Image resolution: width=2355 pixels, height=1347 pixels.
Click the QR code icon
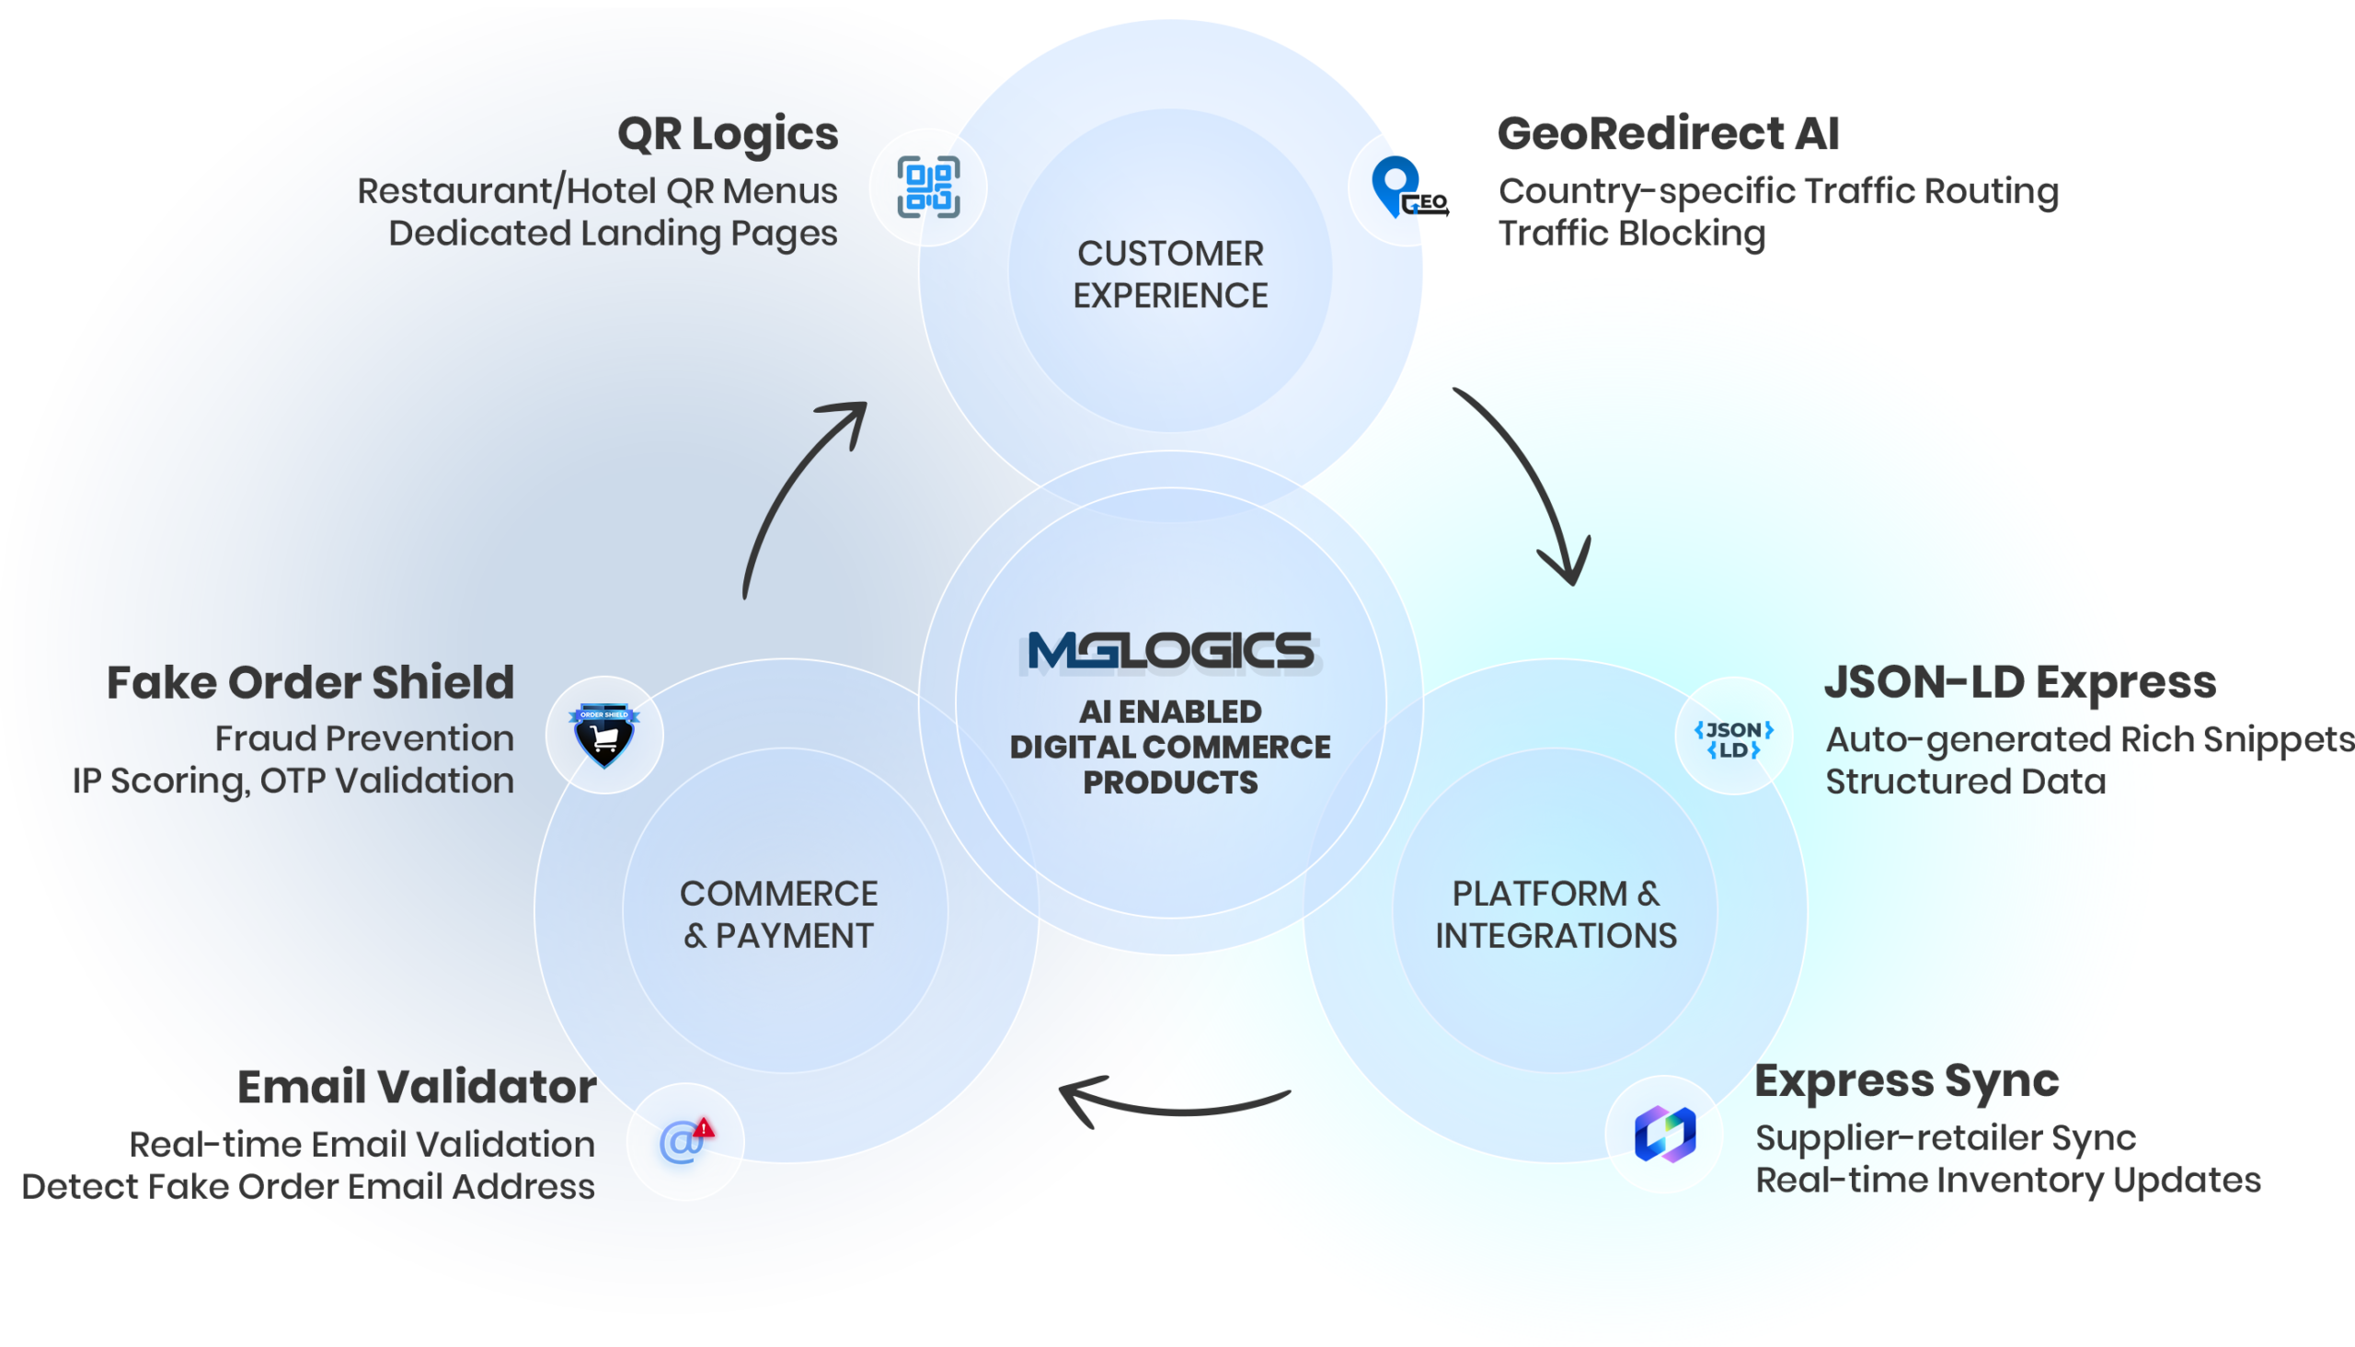point(928,188)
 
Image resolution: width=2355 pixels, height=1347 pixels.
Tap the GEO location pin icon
point(1407,188)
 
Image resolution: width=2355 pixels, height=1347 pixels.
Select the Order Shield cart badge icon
point(604,735)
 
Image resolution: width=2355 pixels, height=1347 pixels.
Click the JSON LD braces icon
point(1733,738)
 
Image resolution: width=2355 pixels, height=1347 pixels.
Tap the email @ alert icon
point(685,1141)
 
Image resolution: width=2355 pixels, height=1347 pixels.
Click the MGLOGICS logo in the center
point(1170,651)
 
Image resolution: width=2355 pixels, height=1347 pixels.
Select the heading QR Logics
point(728,134)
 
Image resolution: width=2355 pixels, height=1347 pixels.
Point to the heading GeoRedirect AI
point(1668,134)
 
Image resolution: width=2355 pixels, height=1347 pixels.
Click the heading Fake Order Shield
point(310,683)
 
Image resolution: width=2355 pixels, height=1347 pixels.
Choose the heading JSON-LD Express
point(2019,683)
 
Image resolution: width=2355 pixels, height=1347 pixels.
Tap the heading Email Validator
point(416,1086)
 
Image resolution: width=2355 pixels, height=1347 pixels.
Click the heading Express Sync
point(1906,1080)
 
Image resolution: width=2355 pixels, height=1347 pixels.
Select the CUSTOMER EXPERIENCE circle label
point(1169,274)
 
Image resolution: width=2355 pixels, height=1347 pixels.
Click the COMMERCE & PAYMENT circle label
point(778,914)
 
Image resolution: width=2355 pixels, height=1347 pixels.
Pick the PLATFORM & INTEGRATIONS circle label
point(1556,914)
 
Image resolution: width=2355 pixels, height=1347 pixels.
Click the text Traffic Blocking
point(1631,234)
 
